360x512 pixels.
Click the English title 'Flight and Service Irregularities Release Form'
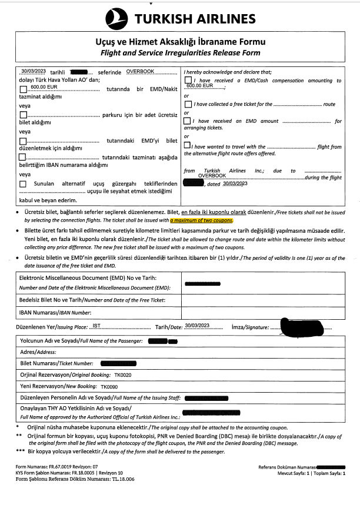point(180,53)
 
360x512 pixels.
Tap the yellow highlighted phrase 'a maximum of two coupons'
point(202,220)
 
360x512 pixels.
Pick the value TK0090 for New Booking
point(109,387)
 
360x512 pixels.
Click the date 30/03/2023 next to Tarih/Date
point(196,326)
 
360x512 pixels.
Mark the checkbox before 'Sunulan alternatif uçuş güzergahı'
point(23,183)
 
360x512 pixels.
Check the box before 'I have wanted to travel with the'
point(187,145)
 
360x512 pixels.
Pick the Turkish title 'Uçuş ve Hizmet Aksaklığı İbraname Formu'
point(180,42)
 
